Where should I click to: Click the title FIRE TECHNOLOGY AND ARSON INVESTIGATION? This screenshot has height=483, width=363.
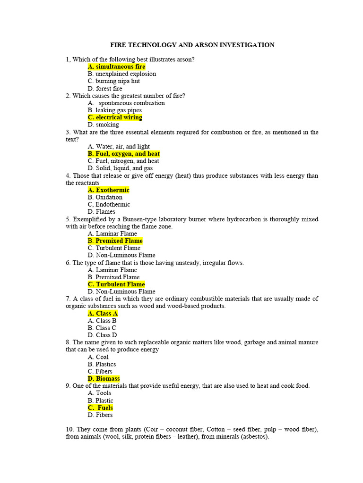click(192, 45)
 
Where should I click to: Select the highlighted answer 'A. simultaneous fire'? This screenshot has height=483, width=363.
click(116, 67)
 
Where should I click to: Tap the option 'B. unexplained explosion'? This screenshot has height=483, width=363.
click(121, 74)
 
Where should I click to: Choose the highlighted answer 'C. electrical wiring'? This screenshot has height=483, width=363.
click(115, 117)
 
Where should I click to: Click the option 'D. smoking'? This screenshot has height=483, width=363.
click(103, 125)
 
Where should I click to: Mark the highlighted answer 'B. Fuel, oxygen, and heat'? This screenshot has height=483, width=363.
click(123, 154)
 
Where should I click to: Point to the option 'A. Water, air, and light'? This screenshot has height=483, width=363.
click(119, 147)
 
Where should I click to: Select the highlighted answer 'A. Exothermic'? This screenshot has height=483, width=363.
click(108, 190)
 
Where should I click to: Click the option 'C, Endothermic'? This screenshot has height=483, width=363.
click(109, 205)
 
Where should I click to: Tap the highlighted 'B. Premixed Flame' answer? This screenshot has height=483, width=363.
click(115, 241)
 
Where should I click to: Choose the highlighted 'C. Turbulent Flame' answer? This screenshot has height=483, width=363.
click(116, 284)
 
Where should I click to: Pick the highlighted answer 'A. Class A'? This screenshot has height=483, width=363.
click(103, 314)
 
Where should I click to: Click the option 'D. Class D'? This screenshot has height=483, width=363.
click(102, 335)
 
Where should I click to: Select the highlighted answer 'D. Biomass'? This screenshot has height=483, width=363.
click(104, 379)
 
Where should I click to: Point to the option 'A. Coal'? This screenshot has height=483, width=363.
click(98, 357)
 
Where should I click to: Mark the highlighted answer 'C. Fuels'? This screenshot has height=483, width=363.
click(100, 408)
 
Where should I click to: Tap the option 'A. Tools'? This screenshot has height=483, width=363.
click(99, 393)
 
